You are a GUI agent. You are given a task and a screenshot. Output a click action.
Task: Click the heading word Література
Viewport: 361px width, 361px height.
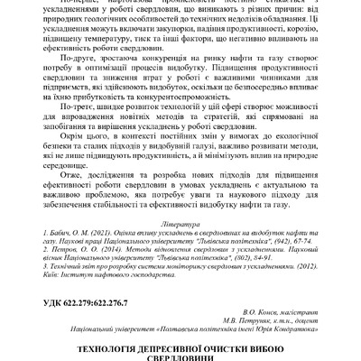[180, 220]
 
